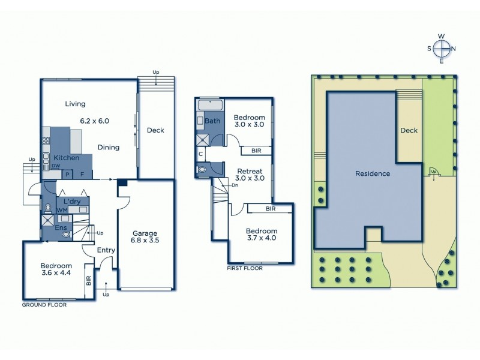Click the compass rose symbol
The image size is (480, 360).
(x=442, y=49)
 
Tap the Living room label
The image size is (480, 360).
(x=75, y=104)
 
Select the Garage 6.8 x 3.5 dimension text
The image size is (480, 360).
(x=145, y=241)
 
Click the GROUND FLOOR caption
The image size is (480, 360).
(x=44, y=305)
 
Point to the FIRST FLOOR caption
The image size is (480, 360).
(x=245, y=268)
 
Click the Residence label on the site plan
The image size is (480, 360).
(x=373, y=173)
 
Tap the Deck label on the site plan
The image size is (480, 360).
(x=409, y=130)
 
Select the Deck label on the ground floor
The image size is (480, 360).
(x=155, y=130)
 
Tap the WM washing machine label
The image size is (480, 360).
(x=62, y=211)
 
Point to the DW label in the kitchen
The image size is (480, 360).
(x=55, y=166)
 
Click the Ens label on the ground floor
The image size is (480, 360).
(x=61, y=228)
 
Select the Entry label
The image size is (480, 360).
(x=106, y=250)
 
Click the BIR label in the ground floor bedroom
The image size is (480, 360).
(x=89, y=280)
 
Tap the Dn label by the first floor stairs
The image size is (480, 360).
(x=235, y=185)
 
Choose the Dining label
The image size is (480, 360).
(x=109, y=147)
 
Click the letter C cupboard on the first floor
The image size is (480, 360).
(x=200, y=154)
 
